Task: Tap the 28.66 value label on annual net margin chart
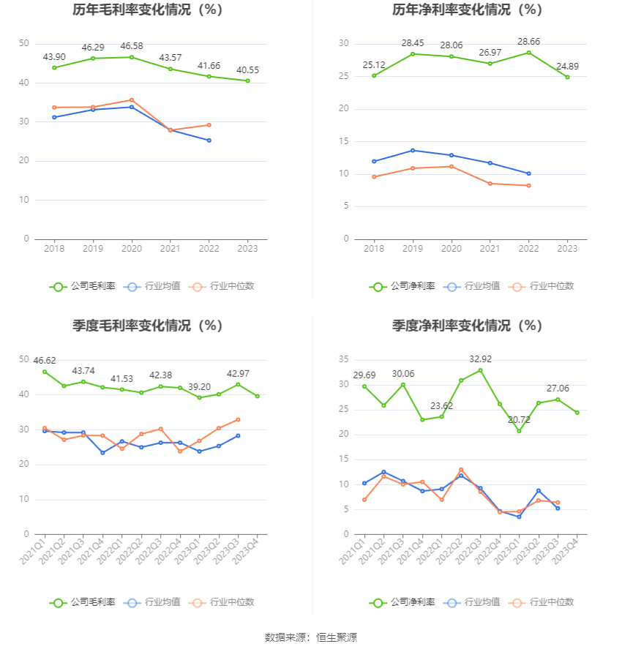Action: tap(528, 42)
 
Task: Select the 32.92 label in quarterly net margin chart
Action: tap(480, 359)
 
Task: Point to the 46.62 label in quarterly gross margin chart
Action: tap(45, 361)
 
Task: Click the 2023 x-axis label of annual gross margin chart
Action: tap(247, 249)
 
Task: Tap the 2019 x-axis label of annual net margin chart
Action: tap(413, 249)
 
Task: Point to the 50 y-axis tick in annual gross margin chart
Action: tap(24, 44)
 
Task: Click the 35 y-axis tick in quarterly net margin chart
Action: tap(343, 359)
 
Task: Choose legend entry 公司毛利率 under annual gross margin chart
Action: tap(83, 286)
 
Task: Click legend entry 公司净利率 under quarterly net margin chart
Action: tap(402, 602)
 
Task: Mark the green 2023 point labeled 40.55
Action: tap(247, 80)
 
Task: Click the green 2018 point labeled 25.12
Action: tap(374, 75)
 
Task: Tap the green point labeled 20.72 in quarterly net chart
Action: tap(519, 431)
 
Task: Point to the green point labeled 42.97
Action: tap(238, 385)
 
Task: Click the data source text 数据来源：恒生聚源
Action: tap(310, 637)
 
